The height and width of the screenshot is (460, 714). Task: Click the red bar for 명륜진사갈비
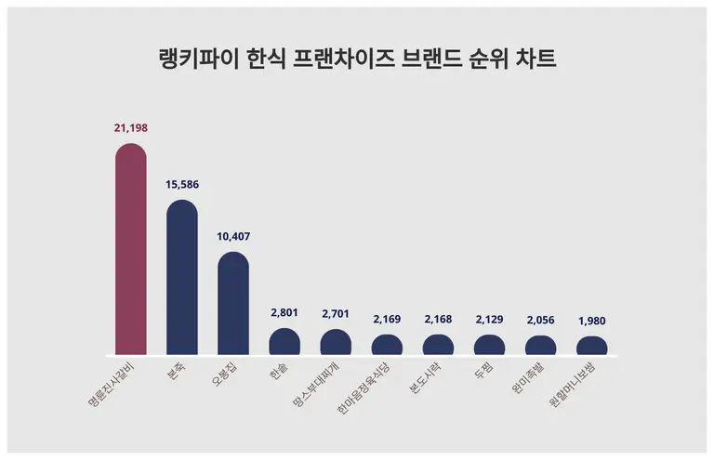point(130,251)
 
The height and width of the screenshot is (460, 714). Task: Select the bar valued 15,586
point(181,279)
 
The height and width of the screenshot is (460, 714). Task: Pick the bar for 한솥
point(284,342)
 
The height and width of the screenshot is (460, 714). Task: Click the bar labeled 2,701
point(336,343)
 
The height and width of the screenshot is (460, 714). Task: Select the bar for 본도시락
point(438,346)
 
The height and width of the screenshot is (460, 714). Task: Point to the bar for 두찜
point(489,346)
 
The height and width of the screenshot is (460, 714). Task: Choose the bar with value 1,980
point(591,347)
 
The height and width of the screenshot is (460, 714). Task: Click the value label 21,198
point(130,127)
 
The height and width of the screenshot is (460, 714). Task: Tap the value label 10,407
point(233,236)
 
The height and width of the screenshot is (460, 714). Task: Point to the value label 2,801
point(284,312)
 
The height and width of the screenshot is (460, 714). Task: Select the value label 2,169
point(387,319)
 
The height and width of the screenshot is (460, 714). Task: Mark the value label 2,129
point(489,319)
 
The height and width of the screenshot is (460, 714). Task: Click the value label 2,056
point(540,320)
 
